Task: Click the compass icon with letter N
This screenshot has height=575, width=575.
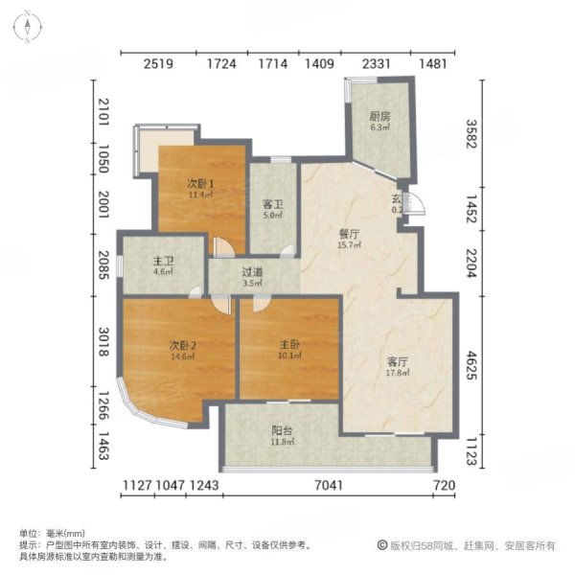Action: (x=31, y=27)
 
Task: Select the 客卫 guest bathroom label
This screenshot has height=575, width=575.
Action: (x=273, y=203)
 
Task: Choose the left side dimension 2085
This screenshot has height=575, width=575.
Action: (x=103, y=259)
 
